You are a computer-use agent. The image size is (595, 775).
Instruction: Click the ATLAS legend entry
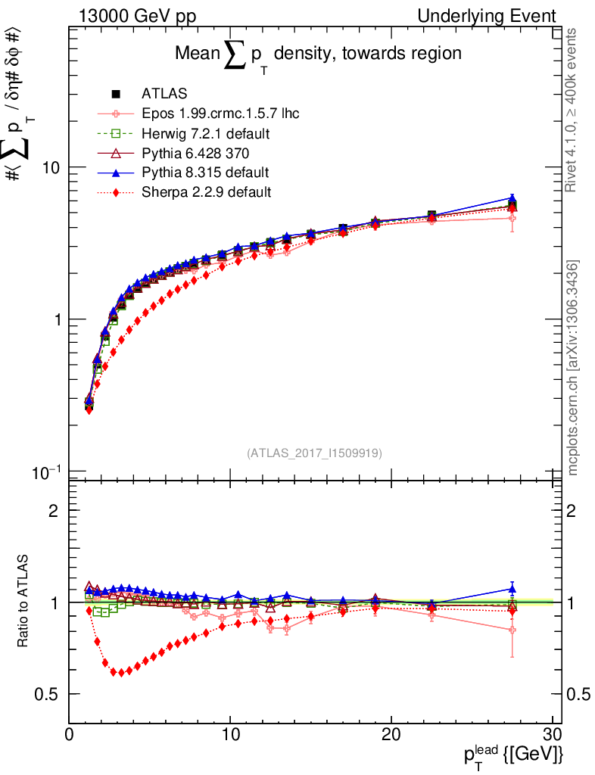point(159,95)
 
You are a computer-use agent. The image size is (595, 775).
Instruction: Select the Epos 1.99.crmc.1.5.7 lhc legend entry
point(220,114)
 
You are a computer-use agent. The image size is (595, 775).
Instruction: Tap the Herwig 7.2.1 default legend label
point(206,134)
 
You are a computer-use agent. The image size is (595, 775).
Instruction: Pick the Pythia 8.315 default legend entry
point(205,173)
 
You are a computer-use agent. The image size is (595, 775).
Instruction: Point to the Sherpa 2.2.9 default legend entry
point(206,192)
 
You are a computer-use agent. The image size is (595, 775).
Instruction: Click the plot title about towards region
point(318,55)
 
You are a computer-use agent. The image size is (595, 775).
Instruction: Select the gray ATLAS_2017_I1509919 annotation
point(314,453)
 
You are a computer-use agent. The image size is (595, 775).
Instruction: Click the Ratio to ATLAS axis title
point(24,602)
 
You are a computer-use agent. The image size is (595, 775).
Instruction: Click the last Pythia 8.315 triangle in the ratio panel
point(512,588)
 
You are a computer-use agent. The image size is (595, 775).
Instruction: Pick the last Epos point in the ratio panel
point(512,630)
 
